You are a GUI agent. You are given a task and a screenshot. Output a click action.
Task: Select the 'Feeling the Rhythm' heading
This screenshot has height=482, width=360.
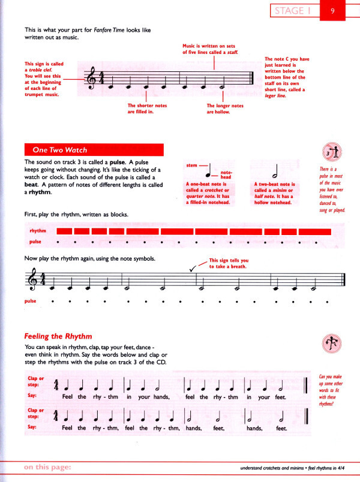[x=58, y=337]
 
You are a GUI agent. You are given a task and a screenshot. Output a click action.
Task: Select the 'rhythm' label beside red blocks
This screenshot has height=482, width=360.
[x=38, y=231]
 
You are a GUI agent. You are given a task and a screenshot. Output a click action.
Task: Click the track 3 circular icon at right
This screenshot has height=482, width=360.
[x=330, y=154]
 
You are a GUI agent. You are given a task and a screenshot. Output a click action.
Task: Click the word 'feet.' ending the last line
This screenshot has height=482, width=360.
[x=282, y=428]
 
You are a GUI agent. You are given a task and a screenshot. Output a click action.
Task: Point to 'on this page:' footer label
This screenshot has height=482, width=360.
[x=48, y=468]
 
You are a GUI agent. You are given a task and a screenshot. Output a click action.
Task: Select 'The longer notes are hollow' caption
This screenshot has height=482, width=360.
[x=225, y=109]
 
